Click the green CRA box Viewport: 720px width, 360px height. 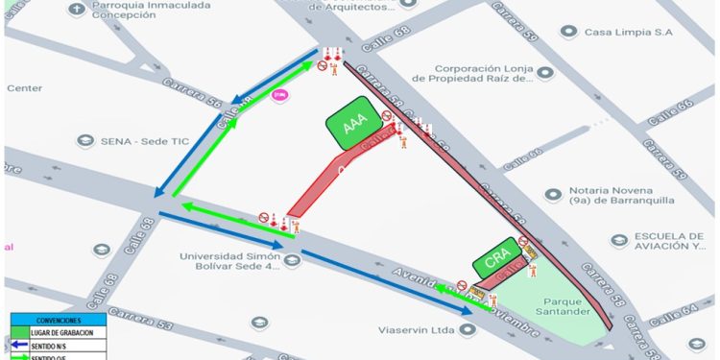tap(496, 259)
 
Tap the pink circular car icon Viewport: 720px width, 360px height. tap(280, 95)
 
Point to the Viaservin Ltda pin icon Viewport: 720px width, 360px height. tap(468, 329)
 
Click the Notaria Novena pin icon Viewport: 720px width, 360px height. tap(552, 195)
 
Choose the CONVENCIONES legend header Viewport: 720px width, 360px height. tap(60, 320)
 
